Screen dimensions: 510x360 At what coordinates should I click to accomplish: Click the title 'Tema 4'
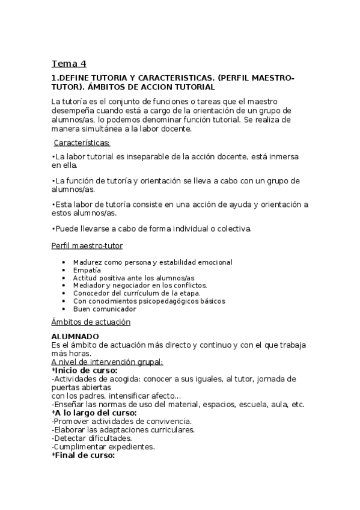69,64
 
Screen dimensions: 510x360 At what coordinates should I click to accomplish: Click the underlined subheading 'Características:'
82,143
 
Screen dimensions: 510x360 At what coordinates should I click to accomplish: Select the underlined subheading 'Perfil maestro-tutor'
88,246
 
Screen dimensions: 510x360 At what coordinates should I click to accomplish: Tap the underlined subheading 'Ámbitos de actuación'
91,322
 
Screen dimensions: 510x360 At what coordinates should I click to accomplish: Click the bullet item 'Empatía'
87,270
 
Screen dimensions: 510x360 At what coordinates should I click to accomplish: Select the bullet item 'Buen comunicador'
105,309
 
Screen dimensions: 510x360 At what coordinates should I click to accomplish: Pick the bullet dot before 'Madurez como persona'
64,262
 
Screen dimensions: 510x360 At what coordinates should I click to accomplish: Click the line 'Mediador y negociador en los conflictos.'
140,286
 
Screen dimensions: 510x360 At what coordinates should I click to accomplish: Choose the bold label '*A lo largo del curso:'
94,413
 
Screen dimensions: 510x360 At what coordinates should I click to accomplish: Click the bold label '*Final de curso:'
83,455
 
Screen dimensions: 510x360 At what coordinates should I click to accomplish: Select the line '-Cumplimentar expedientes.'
103,447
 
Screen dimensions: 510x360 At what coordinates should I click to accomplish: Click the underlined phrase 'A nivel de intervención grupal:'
107,362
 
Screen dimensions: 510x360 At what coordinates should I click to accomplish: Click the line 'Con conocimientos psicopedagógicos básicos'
149,301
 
